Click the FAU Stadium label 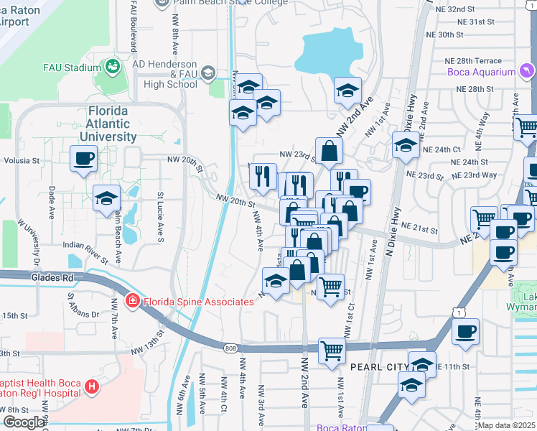pyautogui.click(x=70, y=68)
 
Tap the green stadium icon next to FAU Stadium pyautogui.click(x=113, y=68)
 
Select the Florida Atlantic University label pyautogui.click(x=108, y=124)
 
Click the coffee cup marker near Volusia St pyautogui.click(x=83, y=159)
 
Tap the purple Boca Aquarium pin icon pyautogui.click(x=526, y=70)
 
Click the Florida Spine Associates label pyautogui.click(x=197, y=302)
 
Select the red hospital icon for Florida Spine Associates pyautogui.click(x=133, y=302)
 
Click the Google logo pyautogui.click(x=23, y=422)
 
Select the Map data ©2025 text pyautogui.click(x=507, y=425)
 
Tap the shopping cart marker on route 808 pyautogui.click(x=332, y=352)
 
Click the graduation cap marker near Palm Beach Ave pyautogui.click(x=106, y=198)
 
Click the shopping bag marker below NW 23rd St pyautogui.click(x=329, y=152)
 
